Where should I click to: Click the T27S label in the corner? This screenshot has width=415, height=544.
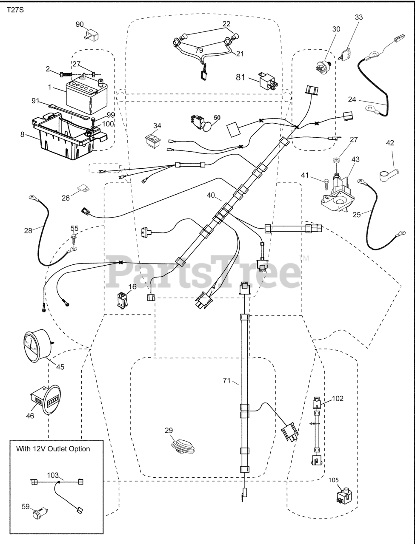click(x=15, y=10)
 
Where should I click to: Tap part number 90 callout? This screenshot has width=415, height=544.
click(x=80, y=24)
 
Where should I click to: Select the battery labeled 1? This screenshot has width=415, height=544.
click(x=86, y=95)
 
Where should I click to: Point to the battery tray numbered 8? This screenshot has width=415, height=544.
click(x=70, y=136)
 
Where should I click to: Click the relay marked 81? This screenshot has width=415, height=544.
click(x=269, y=81)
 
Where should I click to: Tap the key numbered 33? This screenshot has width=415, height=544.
click(x=345, y=54)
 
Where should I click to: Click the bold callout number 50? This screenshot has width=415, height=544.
click(x=217, y=117)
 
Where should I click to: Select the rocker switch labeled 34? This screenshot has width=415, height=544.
click(x=153, y=140)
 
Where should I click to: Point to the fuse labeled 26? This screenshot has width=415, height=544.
click(x=83, y=189)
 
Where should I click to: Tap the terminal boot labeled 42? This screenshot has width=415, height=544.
click(x=389, y=174)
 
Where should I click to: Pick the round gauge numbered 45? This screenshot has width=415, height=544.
click(x=38, y=346)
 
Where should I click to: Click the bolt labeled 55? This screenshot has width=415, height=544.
click(x=74, y=237)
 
